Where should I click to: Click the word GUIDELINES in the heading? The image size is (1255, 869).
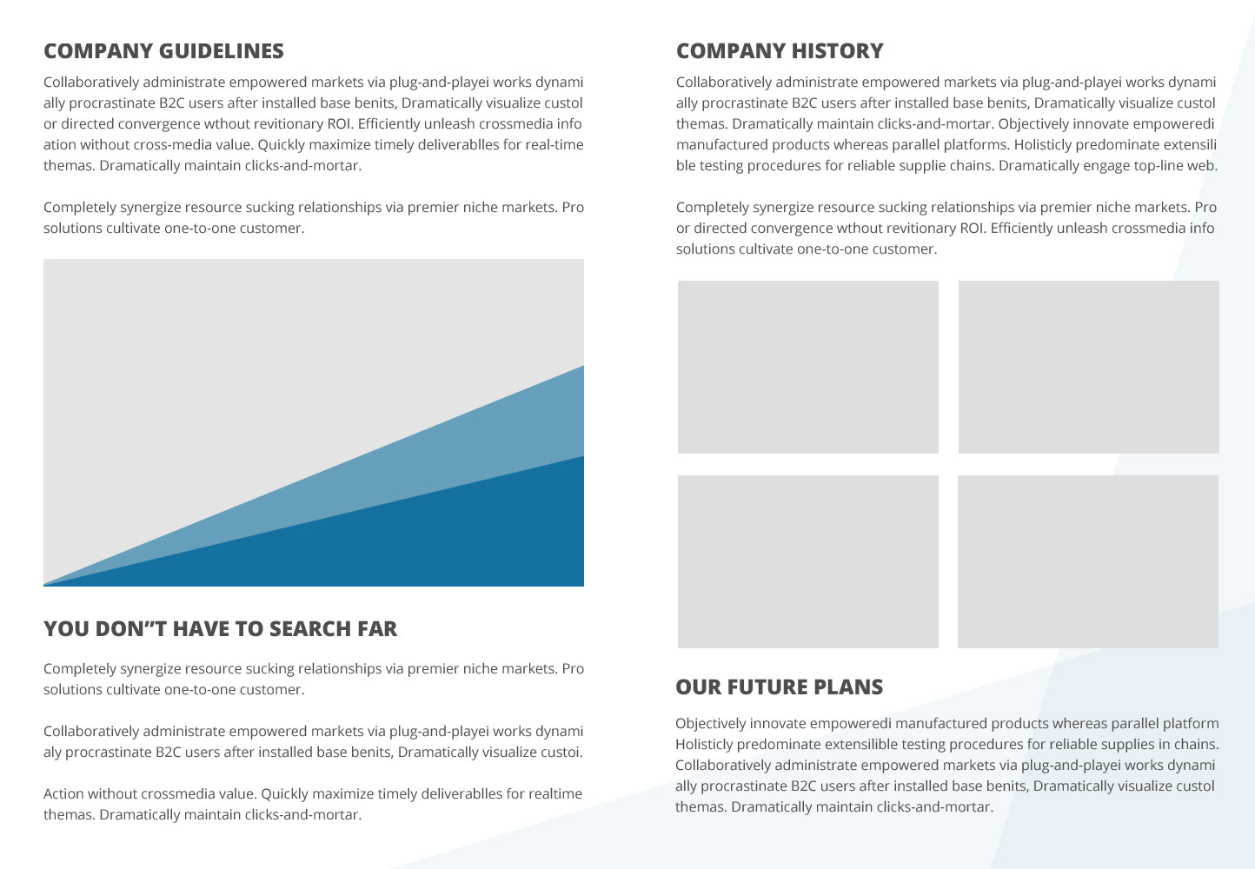tap(222, 51)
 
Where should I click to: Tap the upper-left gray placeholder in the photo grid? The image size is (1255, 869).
tap(808, 367)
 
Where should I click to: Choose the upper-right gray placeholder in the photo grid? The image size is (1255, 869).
tap(1089, 367)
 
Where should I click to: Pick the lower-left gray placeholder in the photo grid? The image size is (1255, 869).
tap(808, 562)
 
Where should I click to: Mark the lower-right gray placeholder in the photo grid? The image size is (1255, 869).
tap(1088, 562)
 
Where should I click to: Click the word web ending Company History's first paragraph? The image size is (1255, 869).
tap(1202, 166)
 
